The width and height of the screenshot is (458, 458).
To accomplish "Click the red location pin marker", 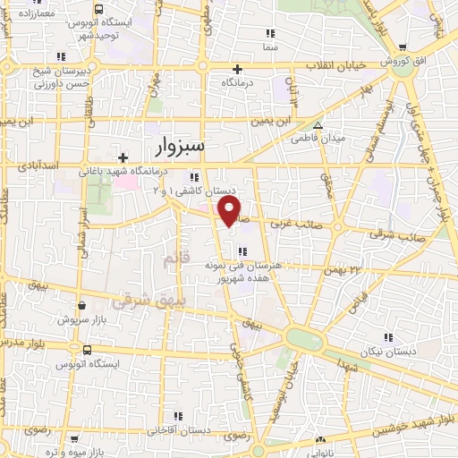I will tap(230, 211).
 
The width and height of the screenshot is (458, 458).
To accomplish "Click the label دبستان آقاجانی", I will tap(207, 431).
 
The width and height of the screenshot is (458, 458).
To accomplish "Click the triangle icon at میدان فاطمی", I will tap(318, 125).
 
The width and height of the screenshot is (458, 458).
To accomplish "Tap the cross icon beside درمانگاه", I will tap(237, 69).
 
